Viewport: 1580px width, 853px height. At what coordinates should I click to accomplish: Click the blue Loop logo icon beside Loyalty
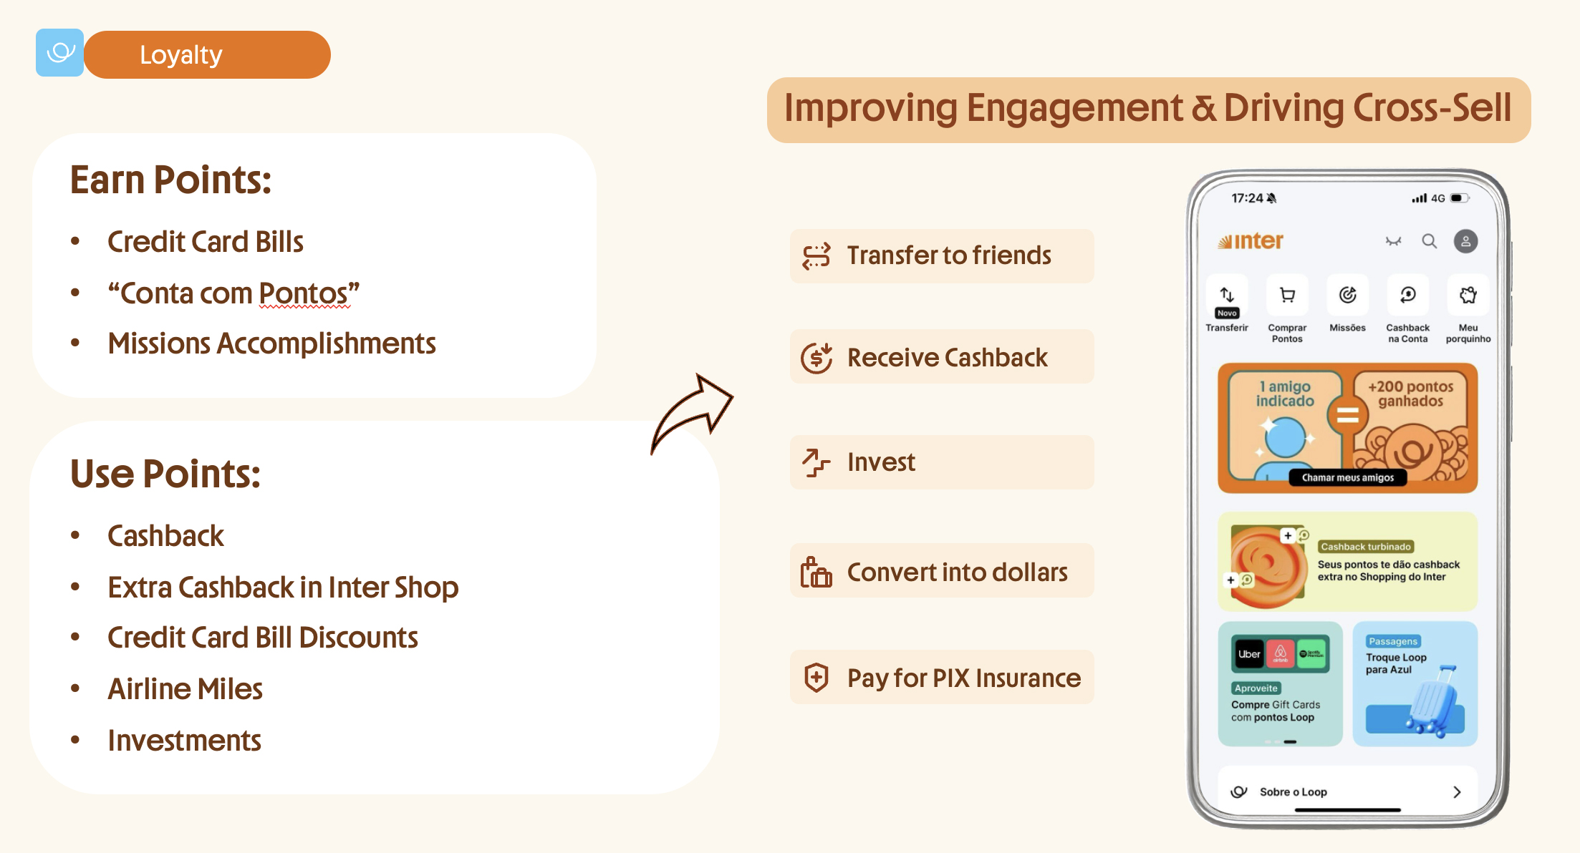click(60, 53)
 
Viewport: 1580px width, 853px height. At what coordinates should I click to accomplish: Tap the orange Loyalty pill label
click(207, 55)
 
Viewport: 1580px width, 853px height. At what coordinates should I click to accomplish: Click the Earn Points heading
click(170, 180)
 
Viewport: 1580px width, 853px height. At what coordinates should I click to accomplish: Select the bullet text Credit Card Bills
click(206, 242)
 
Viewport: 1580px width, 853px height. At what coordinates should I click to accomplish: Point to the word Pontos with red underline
click(304, 293)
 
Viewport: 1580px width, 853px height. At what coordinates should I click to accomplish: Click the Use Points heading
click(165, 474)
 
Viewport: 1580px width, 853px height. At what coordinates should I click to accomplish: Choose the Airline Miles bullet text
click(185, 689)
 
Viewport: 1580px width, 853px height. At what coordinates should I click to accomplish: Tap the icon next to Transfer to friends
click(817, 255)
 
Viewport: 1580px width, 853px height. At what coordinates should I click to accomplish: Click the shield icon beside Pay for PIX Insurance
click(817, 677)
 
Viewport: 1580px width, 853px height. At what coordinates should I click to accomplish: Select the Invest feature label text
click(881, 462)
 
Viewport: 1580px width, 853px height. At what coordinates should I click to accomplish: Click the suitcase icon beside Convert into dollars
click(817, 572)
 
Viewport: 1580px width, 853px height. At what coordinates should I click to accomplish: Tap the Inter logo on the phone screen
click(1251, 241)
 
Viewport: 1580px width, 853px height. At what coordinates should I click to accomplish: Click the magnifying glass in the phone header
click(1430, 241)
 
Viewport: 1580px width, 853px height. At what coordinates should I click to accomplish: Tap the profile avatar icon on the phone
click(1466, 241)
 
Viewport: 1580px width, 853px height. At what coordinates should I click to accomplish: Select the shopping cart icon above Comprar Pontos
click(1287, 295)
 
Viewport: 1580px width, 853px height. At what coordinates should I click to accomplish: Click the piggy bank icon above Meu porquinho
click(1468, 295)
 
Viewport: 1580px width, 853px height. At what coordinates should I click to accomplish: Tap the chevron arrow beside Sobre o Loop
click(1457, 792)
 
